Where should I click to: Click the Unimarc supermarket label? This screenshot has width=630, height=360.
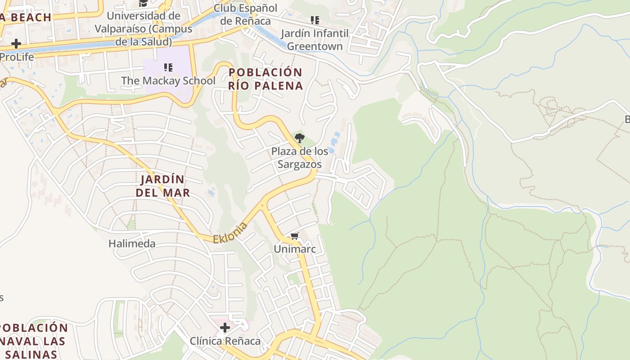pyautogui.click(x=295, y=249)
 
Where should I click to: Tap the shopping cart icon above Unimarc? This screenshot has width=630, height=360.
pyautogui.click(x=295, y=236)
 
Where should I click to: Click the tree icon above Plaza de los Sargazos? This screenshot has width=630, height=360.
pyautogui.click(x=299, y=138)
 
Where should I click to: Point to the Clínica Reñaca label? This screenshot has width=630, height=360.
pyautogui.click(x=225, y=341)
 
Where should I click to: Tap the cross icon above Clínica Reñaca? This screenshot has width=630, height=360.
pyautogui.click(x=225, y=327)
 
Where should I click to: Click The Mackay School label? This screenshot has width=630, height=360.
pyautogui.click(x=168, y=81)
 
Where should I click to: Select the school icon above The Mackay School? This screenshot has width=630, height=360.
pyautogui.click(x=168, y=67)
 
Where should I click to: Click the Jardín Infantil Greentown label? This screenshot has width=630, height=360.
pyautogui.click(x=315, y=40)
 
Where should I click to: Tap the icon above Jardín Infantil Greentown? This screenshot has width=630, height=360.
pyautogui.click(x=315, y=20)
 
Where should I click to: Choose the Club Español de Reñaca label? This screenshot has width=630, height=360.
pyautogui.click(x=245, y=14)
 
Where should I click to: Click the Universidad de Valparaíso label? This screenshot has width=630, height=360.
pyautogui.click(x=144, y=29)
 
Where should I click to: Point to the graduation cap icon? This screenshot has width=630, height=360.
pyautogui.click(x=143, y=3)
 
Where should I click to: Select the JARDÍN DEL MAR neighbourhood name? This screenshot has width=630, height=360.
pyautogui.click(x=163, y=186)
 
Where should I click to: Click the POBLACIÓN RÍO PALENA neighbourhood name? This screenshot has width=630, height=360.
pyautogui.click(x=265, y=79)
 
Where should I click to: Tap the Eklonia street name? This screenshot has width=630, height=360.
pyautogui.click(x=230, y=233)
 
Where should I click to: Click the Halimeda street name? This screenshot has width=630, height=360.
pyautogui.click(x=132, y=244)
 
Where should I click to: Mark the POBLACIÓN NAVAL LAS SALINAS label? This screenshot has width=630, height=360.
pyautogui.click(x=32, y=341)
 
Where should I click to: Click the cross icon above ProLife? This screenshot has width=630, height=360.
pyautogui.click(x=16, y=44)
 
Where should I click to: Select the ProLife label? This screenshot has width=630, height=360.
pyautogui.click(x=17, y=57)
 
